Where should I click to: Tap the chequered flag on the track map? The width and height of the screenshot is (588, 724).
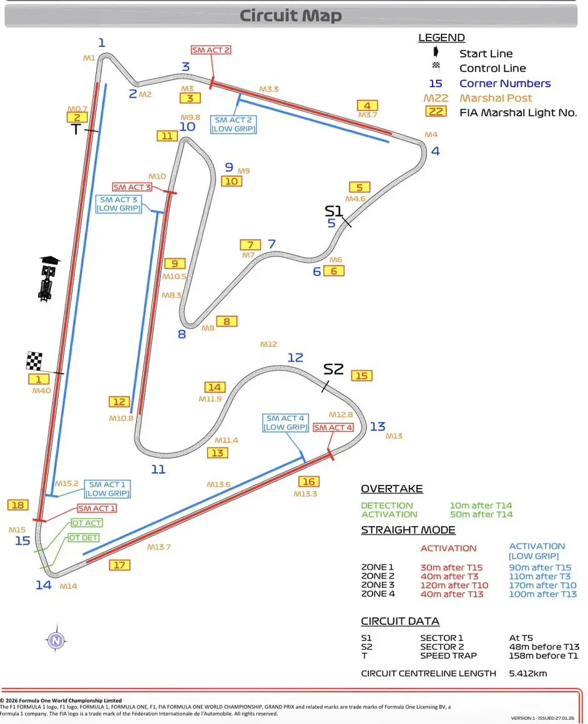point(34,361)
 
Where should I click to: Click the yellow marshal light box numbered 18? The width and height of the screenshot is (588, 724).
point(18,505)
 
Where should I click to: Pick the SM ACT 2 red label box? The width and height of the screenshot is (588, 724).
point(210,50)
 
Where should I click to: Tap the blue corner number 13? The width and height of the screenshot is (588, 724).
point(378,426)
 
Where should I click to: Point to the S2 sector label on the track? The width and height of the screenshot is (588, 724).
point(333,369)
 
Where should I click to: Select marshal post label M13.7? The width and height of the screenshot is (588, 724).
point(159,547)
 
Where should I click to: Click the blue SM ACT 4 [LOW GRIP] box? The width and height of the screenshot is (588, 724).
point(285,423)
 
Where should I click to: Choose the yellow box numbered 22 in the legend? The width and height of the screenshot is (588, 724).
point(437,112)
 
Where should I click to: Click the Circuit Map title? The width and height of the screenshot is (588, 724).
point(290,16)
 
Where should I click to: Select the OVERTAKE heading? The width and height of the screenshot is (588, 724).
point(391,489)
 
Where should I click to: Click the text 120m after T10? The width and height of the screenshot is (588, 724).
point(454,585)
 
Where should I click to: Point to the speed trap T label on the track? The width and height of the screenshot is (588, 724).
point(76,129)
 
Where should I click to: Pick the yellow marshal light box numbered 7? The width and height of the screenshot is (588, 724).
point(250,245)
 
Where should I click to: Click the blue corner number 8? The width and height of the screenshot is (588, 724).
point(182,334)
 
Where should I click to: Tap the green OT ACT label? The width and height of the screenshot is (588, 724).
point(86,523)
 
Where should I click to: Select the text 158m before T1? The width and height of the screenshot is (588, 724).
point(544,655)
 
